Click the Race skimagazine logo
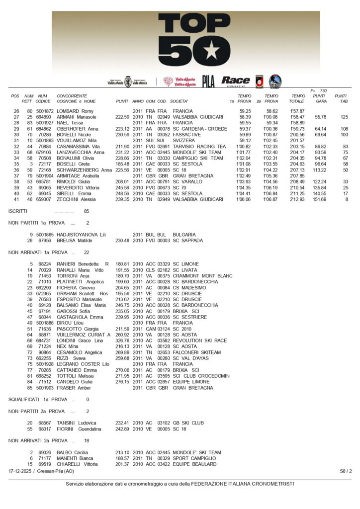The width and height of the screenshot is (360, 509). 235,81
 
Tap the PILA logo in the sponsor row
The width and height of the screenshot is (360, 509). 208,82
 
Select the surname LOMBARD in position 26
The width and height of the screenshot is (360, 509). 68,111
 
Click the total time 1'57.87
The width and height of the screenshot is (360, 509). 297,111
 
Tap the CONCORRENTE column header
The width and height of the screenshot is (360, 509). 72,96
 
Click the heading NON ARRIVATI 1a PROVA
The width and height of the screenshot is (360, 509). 39,253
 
